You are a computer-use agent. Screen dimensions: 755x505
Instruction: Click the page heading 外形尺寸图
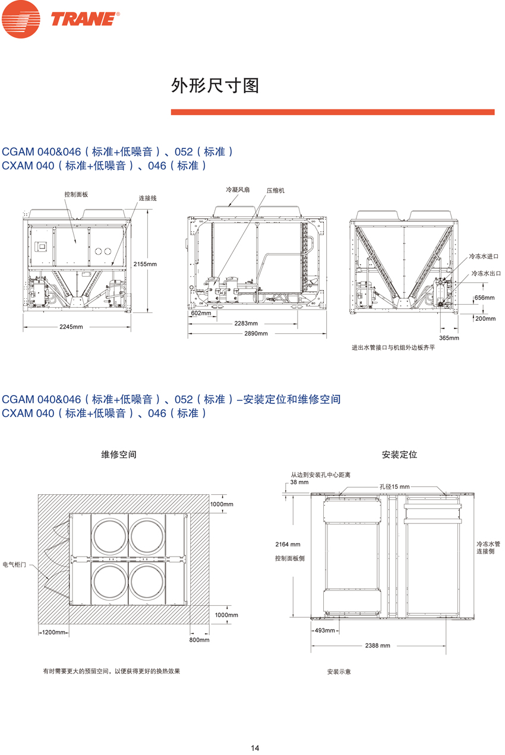coord(215,86)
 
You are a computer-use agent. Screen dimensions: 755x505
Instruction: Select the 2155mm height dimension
coord(145,264)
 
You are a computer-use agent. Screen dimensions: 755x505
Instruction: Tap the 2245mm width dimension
coord(71,327)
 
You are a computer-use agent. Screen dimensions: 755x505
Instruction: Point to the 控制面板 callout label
coord(76,194)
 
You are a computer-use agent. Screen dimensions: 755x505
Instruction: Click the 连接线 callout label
coord(147,198)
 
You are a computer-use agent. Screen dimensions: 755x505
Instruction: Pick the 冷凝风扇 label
coord(238,189)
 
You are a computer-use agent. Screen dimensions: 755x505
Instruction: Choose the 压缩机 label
coord(275,190)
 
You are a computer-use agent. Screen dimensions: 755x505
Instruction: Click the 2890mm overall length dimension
coord(256,333)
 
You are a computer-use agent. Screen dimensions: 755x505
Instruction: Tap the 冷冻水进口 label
coord(484,256)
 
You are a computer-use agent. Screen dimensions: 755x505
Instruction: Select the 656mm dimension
coord(485,298)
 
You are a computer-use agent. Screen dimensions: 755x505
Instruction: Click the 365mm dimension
coord(449,337)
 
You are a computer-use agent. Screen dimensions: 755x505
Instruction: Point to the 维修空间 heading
coord(119,454)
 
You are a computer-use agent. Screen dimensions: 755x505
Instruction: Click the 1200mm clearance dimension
coord(53,632)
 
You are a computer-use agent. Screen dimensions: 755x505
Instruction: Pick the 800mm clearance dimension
coord(200,640)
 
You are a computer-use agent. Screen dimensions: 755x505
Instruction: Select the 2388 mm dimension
coord(377,645)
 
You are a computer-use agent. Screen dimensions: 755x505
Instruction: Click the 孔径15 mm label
coord(394,487)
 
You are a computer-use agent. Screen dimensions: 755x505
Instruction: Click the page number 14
coord(255,748)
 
